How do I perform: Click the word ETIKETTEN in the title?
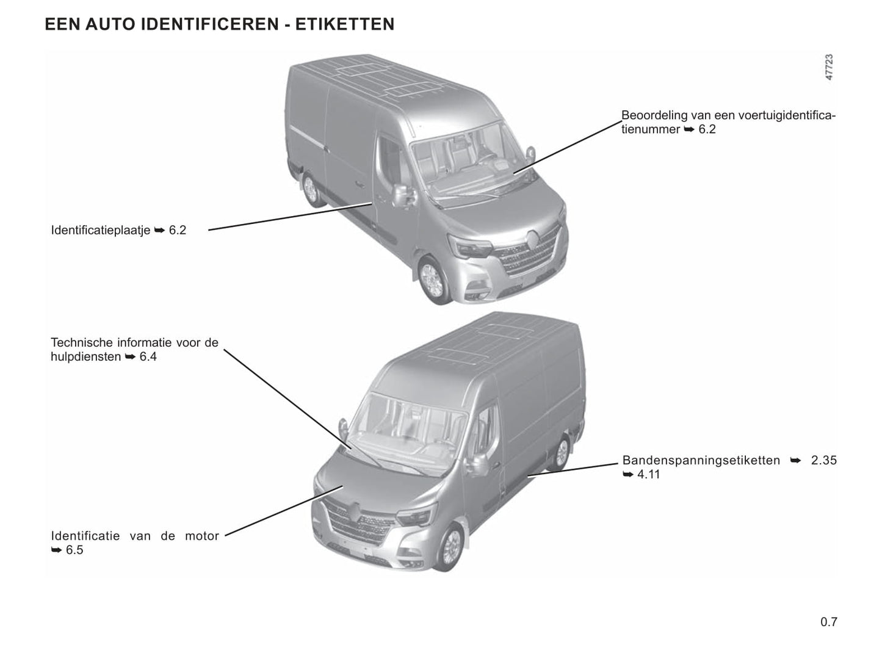click(x=345, y=24)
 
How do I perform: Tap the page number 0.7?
click(x=829, y=621)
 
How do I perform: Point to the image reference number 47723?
click(x=829, y=68)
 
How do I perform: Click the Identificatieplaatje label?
click(x=101, y=230)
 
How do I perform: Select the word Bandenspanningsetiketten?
click(x=701, y=460)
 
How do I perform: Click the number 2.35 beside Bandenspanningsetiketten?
click(x=824, y=460)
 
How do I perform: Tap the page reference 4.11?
click(x=649, y=474)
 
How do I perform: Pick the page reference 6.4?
click(x=148, y=356)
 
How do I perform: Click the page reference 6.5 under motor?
click(x=74, y=550)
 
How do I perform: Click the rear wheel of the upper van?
click(x=311, y=190)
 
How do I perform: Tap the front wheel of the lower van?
click(x=451, y=547)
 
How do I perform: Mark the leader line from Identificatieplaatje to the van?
click(x=291, y=217)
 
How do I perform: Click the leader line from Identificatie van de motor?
click(x=284, y=511)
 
